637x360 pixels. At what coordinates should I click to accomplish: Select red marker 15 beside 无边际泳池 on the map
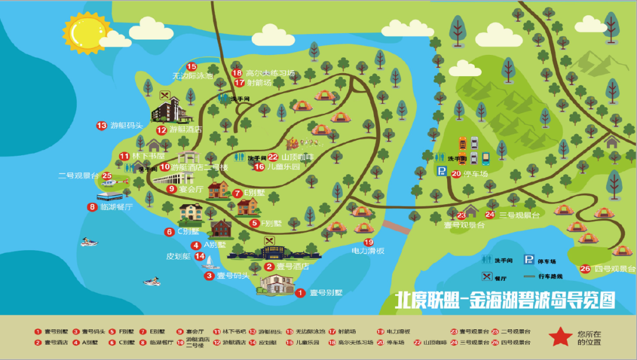[192, 67]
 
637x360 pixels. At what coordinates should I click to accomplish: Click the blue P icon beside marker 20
[441, 172]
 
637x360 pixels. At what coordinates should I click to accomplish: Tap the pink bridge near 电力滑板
[396, 227]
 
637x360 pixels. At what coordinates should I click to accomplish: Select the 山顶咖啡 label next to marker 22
[298, 157]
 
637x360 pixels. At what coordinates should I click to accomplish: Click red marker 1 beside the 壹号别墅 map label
[300, 293]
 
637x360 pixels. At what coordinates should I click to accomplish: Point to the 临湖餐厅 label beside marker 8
[117, 207]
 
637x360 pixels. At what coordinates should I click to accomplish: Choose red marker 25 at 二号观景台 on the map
[107, 175]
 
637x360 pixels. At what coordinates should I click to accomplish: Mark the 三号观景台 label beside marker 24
[520, 215]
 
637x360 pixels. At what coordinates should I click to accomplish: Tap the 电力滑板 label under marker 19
[368, 251]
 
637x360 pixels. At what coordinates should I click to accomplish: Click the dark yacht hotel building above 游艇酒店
[172, 110]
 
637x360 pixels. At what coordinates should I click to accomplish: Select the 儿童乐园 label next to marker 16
[284, 167]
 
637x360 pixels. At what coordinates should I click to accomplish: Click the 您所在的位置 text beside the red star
[589, 337]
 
